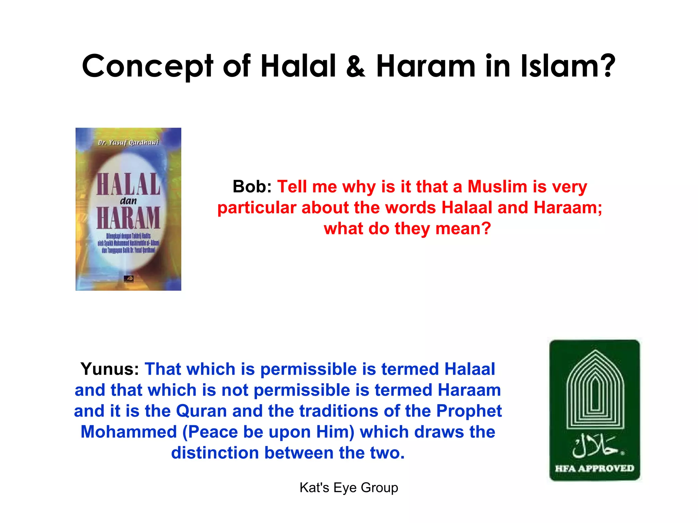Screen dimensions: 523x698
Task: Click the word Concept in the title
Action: click(147, 66)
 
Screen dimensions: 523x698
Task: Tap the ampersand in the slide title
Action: click(355, 66)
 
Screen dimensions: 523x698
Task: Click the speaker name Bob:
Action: click(252, 187)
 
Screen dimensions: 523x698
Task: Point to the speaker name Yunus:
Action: click(109, 369)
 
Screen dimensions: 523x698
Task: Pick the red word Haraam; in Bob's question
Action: click(568, 207)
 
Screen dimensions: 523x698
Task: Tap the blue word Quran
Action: click(201, 411)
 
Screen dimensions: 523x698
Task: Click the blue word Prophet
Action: click(469, 411)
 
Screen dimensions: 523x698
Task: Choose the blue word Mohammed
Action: click(128, 432)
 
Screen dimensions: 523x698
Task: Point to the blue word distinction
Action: click(215, 453)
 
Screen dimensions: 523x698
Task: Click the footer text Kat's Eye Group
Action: click(349, 488)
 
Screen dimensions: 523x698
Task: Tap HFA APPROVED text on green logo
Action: click(594, 469)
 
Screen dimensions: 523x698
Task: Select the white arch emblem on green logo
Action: click(595, 390)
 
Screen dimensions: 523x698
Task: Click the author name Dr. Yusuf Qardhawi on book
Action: click(128, 142)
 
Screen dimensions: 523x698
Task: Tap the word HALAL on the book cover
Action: click(128, 184)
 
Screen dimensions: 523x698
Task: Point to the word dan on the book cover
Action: click(128, 201)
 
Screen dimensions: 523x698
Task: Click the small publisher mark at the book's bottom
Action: click(128, 279)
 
